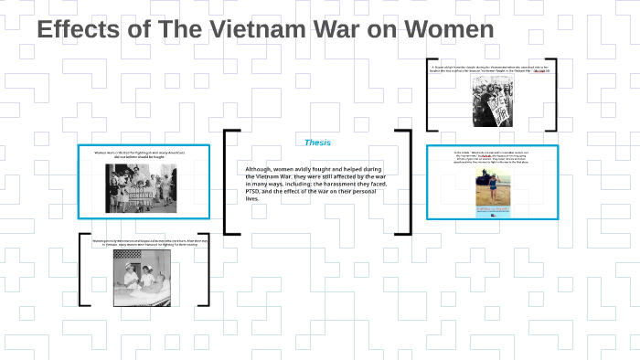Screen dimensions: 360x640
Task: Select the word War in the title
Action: point(344,29)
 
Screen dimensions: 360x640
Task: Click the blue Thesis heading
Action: point(317,143)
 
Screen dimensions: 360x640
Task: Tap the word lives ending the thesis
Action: point(252,198)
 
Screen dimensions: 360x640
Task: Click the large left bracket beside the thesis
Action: point(229,182)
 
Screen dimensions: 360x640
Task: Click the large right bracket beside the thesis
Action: point(403,182)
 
